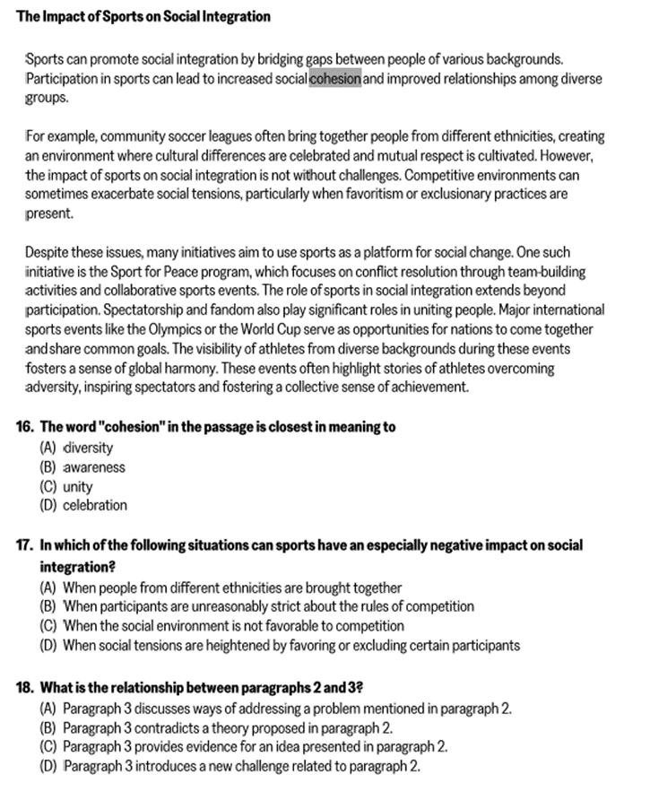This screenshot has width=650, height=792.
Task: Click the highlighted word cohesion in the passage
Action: [335, 79]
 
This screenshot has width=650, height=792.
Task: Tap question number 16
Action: [25, 427]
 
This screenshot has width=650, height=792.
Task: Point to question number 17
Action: [25, 545]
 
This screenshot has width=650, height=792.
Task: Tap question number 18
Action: [25, 688]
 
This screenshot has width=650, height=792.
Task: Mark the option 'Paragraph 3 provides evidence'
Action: [244, 746]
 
